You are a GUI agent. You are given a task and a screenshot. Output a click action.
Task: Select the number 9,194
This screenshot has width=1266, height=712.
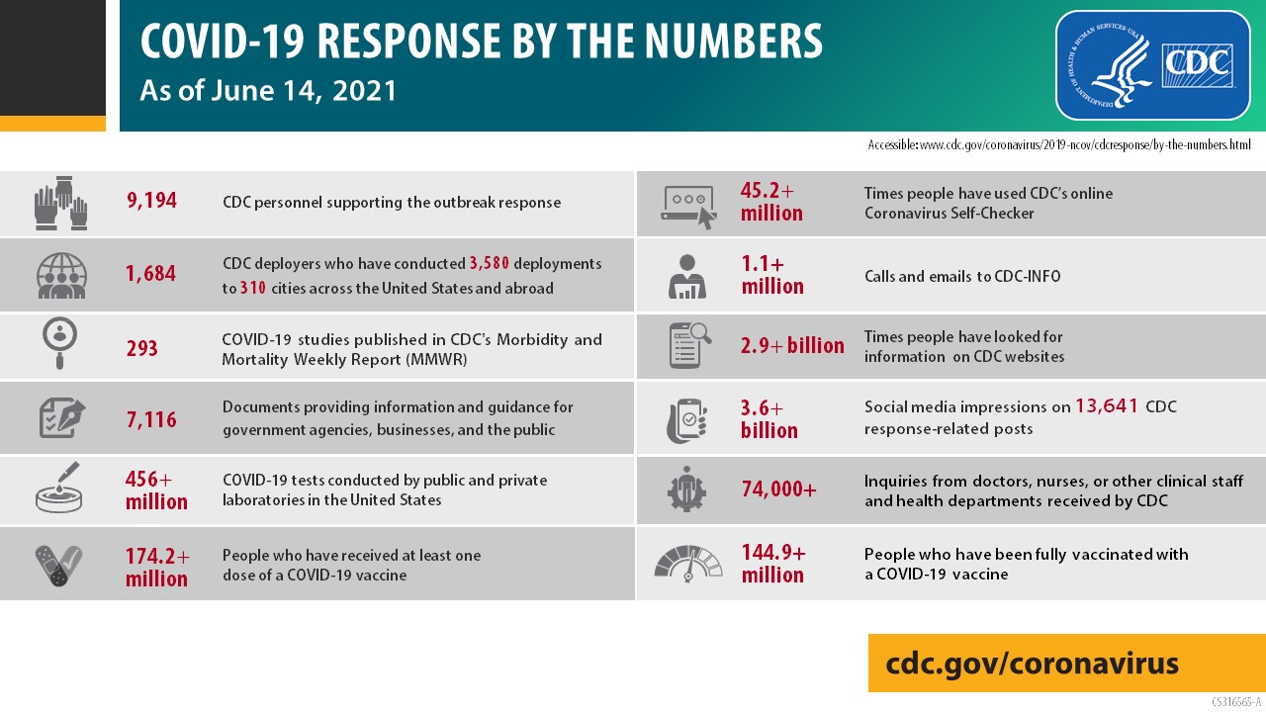tap(151, 202)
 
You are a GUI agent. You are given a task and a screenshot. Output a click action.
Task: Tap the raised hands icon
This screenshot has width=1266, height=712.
tap(60, 203)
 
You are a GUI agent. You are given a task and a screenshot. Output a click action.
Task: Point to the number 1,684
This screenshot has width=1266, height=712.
tap(151, 274)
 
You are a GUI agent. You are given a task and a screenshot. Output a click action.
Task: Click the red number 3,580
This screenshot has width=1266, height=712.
tap(497, 264)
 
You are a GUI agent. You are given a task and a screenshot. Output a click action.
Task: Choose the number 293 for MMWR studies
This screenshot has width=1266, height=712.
tap(142, 348)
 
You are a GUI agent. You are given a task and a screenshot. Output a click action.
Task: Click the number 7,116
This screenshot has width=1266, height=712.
tap(151, 419)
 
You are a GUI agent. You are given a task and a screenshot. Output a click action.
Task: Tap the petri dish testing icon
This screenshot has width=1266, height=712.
tap(58, 489)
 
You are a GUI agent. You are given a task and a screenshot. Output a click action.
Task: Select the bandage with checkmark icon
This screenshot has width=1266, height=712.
tap(58, 564)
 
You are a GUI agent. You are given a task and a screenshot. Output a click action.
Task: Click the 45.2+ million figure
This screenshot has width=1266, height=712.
tap(771, 202)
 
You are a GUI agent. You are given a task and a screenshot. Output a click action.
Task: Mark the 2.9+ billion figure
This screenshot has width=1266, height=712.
tap(792, 346)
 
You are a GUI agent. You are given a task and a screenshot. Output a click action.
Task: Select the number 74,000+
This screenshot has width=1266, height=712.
tap(778, 489)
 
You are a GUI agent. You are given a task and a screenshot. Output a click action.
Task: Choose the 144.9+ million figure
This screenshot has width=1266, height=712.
tap(773, 564)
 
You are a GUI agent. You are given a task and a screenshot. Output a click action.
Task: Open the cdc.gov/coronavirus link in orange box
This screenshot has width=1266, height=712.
tap(1032, 663)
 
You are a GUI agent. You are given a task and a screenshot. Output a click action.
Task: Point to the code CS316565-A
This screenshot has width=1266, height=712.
tap(1236, 702)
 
